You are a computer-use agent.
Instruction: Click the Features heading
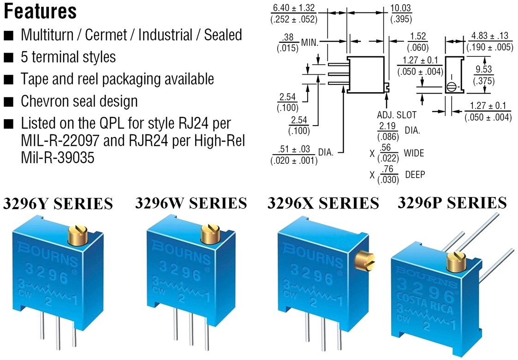click(40, 12)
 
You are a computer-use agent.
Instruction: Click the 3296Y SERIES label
click(58, 204)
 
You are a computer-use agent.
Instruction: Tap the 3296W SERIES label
click(191, 203)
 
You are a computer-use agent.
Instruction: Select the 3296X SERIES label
click(323, 203)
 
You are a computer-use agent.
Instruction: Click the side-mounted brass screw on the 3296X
click(365, 260)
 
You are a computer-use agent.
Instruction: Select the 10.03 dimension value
click(401, 9)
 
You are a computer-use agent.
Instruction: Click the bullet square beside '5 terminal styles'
click(9, 57)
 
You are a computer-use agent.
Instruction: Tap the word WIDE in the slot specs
click(414, 153)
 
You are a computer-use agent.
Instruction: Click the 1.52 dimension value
click(418, 37)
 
